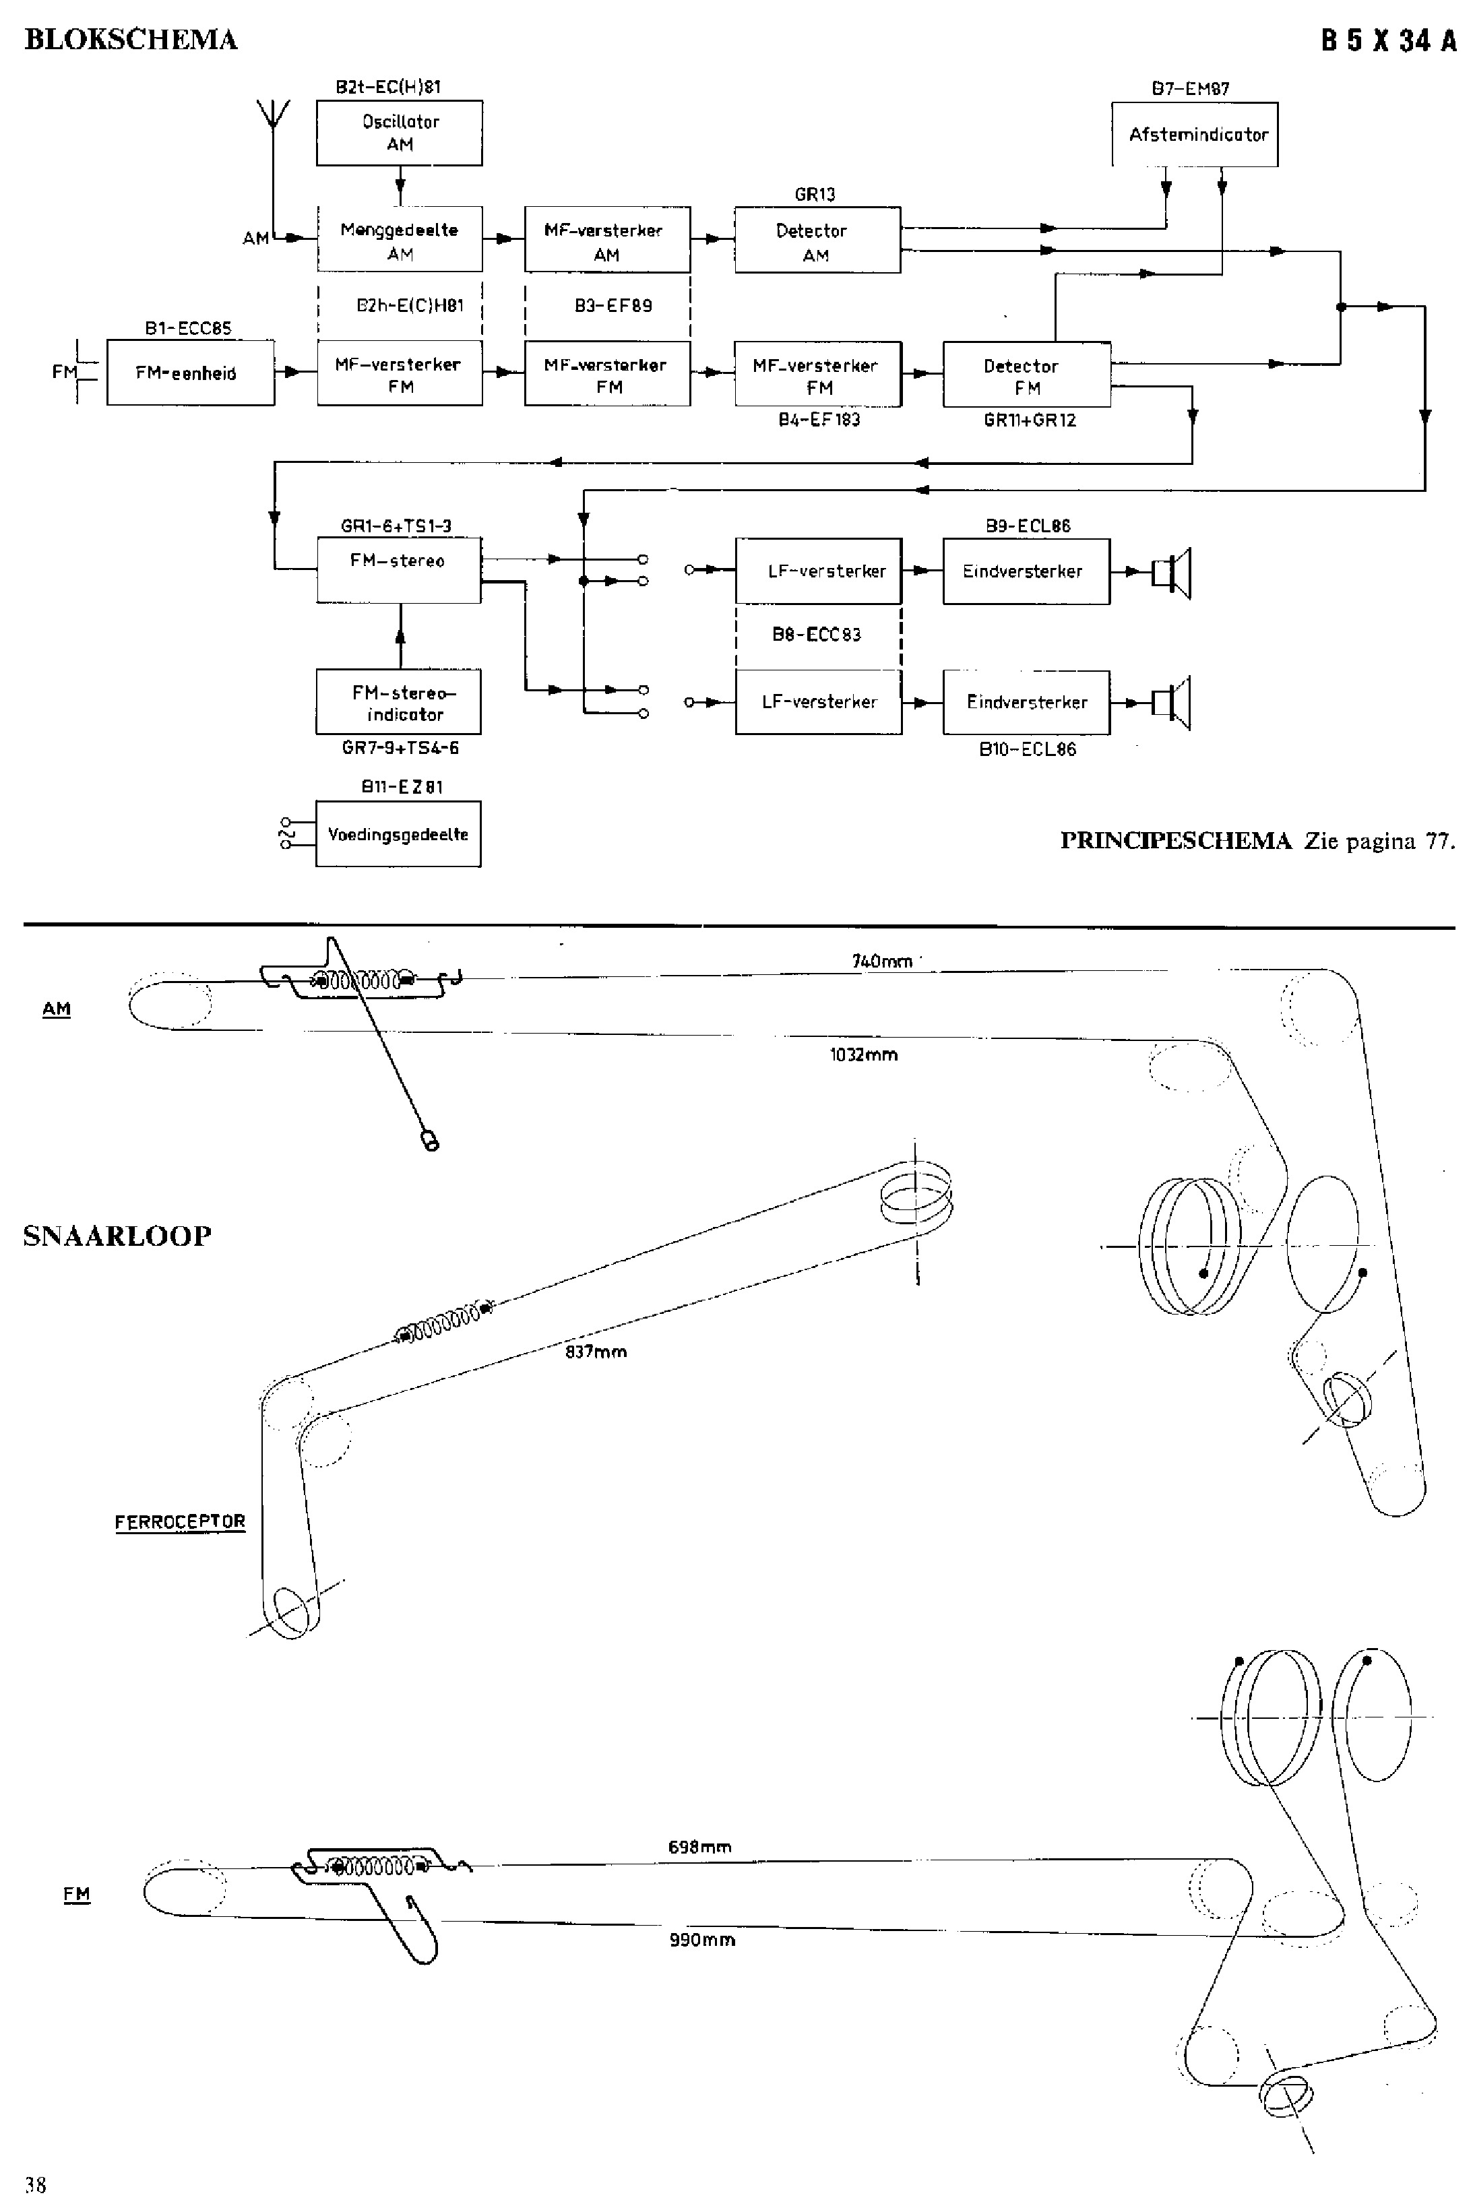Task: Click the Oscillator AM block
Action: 400,133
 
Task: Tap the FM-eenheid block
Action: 190,373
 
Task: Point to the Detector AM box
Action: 817,241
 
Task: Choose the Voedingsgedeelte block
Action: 398,834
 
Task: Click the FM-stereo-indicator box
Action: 398,703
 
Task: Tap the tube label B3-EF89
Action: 613,306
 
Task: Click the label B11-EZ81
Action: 401,787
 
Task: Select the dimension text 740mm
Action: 882,961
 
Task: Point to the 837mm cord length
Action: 596,1352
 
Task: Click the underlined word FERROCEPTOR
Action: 179,1521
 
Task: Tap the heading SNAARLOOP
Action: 117,1235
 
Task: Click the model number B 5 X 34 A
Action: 1389,41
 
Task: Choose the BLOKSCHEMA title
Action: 131,40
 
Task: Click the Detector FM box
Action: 1026,375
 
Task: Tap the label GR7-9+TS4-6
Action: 400,749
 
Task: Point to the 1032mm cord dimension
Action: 863,1054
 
